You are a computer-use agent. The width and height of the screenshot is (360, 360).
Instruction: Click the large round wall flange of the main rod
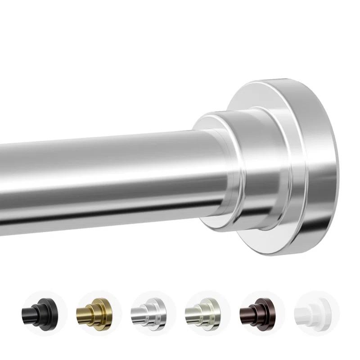pyautogui.click(x=310, y=166)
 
